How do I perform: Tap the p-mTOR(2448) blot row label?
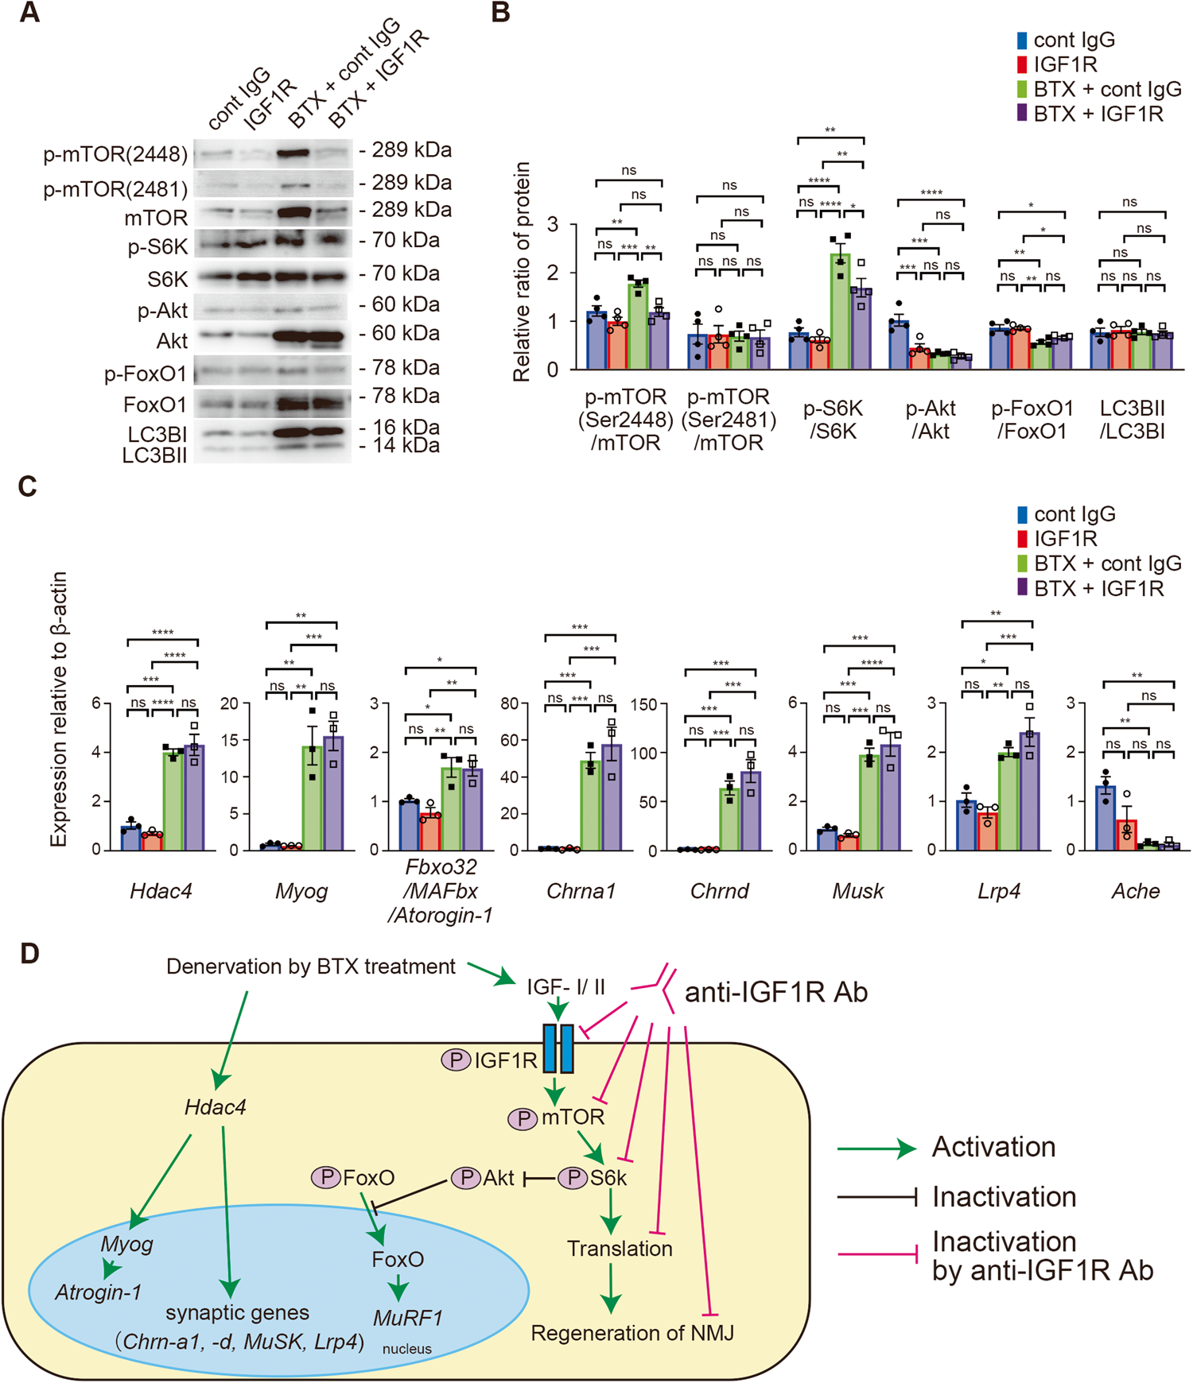tap(116, 154)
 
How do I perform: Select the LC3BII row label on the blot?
tap(155, 455)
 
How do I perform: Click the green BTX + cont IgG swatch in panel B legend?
tap(1023, 89)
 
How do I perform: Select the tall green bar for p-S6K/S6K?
tap(840, 311)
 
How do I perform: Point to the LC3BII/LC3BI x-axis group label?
tap(1132, 420)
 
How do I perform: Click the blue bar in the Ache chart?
tap(1106, 818)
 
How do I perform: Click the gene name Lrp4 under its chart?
tap(999, 890)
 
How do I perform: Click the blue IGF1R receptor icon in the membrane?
tap(558, 1048)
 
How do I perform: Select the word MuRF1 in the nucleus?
tap(408, 1317)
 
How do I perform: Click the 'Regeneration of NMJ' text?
tap(632, 1333)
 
